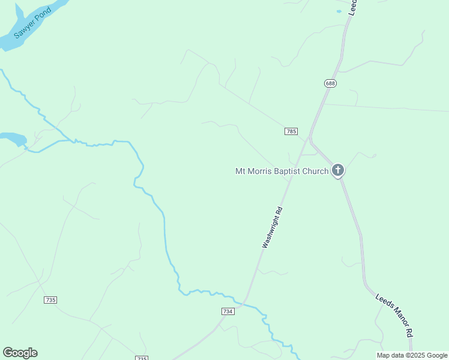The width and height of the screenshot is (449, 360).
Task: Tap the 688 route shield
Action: point(330,83)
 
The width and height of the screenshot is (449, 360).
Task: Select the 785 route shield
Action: point(291,131)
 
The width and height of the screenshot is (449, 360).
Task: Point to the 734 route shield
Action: point(228,311)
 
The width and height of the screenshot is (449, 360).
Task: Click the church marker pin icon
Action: point(338,170)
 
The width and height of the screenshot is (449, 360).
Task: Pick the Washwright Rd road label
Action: point(272,227)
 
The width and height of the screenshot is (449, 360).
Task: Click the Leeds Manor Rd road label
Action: point(394,314)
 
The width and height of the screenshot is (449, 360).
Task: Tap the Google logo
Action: point(20,353)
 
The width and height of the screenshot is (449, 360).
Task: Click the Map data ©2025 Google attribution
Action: point(412,355)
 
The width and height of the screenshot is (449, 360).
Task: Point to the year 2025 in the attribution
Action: point(415,355)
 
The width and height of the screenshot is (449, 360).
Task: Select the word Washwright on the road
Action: point(270,232)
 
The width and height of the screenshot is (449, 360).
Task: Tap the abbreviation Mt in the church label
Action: point(240,172)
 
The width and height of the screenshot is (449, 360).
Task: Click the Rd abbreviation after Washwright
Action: point(279,212)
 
